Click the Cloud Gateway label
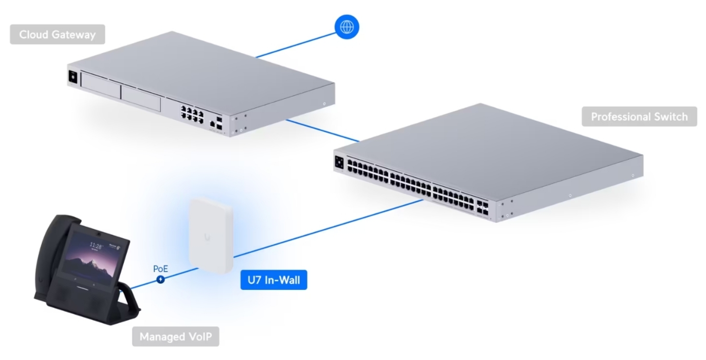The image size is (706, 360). click(x=57, y=35)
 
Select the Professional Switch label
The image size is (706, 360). click(x=639, y=117)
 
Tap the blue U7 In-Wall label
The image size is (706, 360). click(x=274, y=280)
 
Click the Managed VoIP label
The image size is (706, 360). click(x=175, y=336)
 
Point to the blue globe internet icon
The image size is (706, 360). click(x=347, y=28)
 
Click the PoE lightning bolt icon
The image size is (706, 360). click(x=160, y=279)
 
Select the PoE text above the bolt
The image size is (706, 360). click(x=160, y=268)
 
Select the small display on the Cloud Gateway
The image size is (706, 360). click(x=73, y=77)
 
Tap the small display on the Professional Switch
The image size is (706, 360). click(x=339, y=162)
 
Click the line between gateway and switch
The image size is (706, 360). click(x=323, y=131)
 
